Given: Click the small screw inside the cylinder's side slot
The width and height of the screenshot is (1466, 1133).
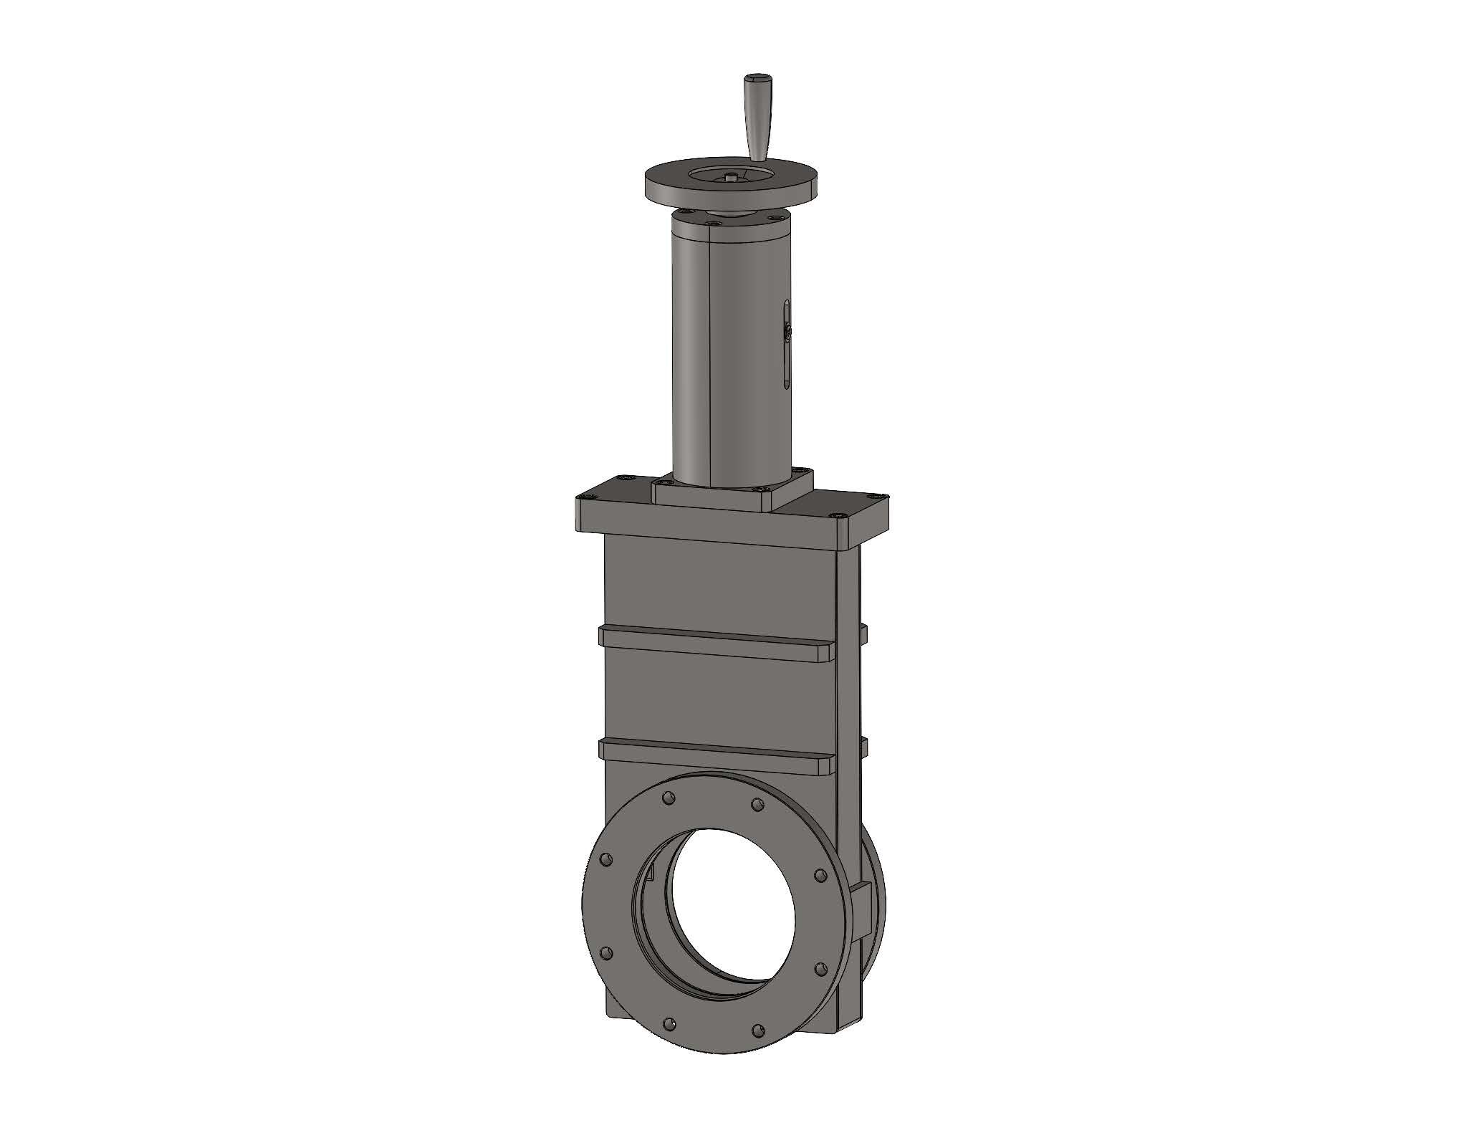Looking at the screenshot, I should pos(787,332).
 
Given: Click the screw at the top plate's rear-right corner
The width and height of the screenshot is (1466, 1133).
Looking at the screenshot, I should pos(881,494).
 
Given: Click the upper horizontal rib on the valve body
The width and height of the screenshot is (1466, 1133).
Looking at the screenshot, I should pos(717,641).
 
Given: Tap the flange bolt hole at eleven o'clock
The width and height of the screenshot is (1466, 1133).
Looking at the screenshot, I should pos(668,797).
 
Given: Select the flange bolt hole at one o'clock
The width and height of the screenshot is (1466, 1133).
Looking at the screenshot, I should pos(755,804).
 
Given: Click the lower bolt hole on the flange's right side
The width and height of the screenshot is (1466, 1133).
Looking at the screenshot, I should pos(820,970).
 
